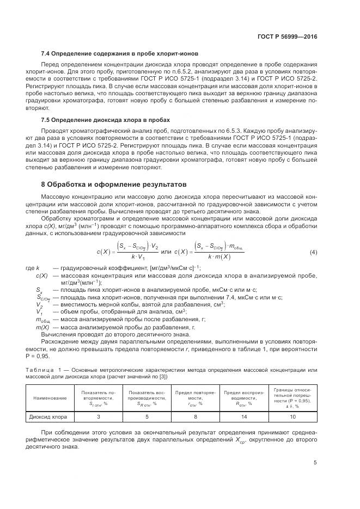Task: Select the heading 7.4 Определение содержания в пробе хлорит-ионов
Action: pyautogui.click(x=119, y=54)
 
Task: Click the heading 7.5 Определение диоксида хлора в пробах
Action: pyautogui.click(x=106, y=119)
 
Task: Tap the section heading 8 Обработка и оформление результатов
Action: pyautogui.click(x=114, y=184)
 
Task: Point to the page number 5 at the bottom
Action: pyautogui.click(x=315, y=463)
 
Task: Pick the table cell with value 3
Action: pyautogui.click(x=98, y=418)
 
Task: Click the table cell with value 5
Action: pyautogui.click(x=147, y=418)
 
